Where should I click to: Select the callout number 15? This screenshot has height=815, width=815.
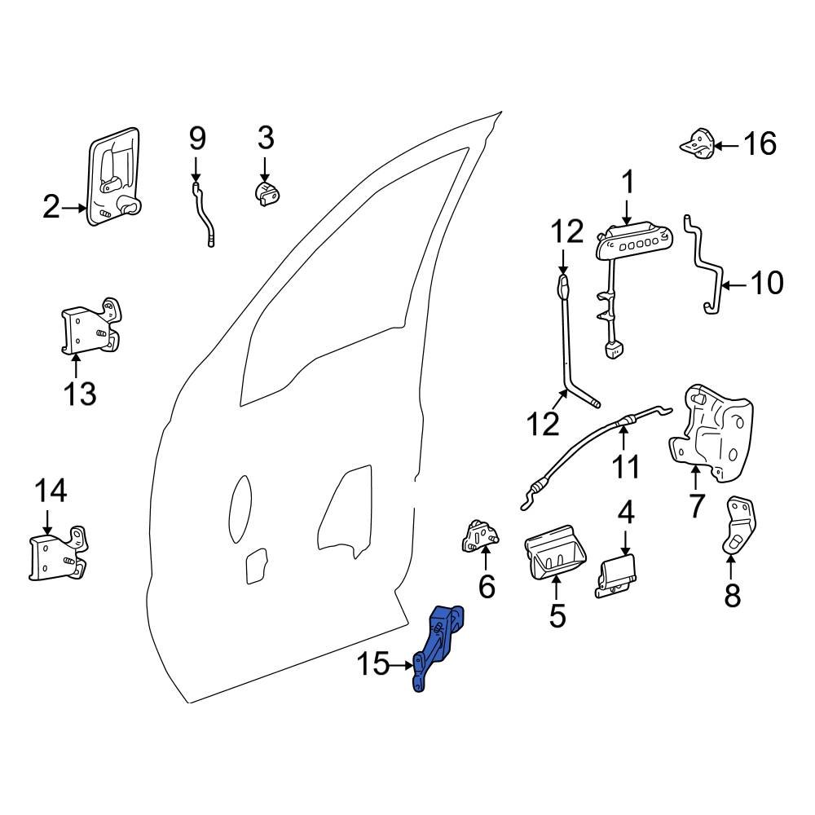(374, 666)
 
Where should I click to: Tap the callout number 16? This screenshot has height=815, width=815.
(760, 144)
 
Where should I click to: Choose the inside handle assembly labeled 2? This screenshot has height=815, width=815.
(113, 176)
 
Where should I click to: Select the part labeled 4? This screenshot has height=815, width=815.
(618, 574)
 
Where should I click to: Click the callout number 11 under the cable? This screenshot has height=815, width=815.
(627, 467)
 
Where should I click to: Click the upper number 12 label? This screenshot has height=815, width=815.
(566, 232)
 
